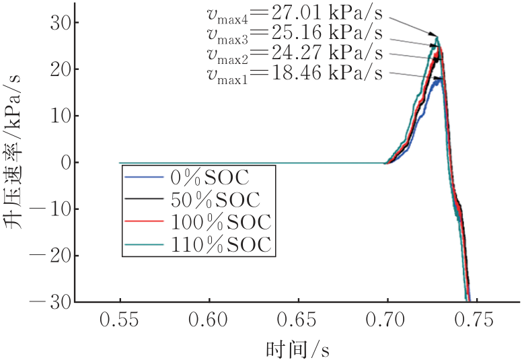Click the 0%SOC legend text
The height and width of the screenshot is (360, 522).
click(211, 178)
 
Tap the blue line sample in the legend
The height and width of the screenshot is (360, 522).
click(145, 178)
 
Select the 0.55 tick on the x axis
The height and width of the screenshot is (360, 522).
click(120, 320)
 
